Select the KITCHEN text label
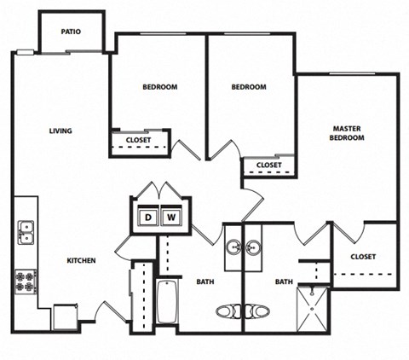coord(81,261)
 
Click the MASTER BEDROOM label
coord(348,133)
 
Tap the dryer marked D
coord(147,218)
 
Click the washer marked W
coord(170,218)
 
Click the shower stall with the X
coord(312,308)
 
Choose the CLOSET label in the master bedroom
coord(363,256)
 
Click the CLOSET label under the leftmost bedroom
coord(139,142)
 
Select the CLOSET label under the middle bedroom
coord(268,165)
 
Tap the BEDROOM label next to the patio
coord(159,87)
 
